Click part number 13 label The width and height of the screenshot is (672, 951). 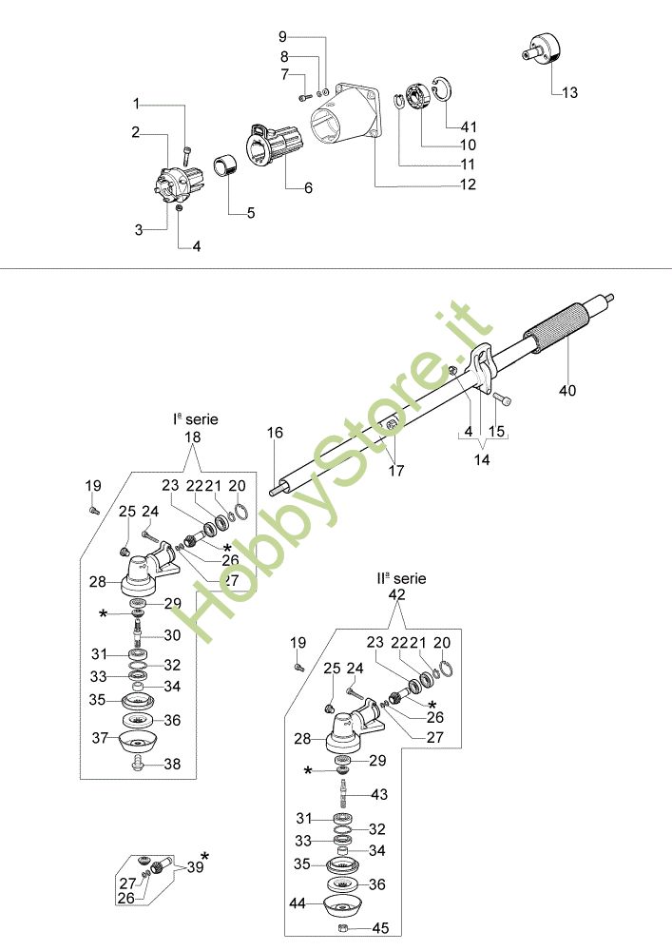[x=569, y=93]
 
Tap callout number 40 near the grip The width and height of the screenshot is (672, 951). [x=567, y=390]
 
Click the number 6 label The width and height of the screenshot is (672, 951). [x=308, y=188]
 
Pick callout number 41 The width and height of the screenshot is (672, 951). [x=469, y=126]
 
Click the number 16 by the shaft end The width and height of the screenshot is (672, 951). [x=275, y=434]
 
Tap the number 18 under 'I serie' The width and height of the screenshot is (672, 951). [x=193, y=437]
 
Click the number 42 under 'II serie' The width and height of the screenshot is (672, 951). [x=397, y=594]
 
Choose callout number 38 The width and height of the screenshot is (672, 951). [x=172, y=763]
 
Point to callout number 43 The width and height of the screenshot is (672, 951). [x=379, y=794]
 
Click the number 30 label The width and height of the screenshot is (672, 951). [x=172, y=635]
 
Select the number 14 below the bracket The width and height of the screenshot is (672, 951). [x=482, y=458]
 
